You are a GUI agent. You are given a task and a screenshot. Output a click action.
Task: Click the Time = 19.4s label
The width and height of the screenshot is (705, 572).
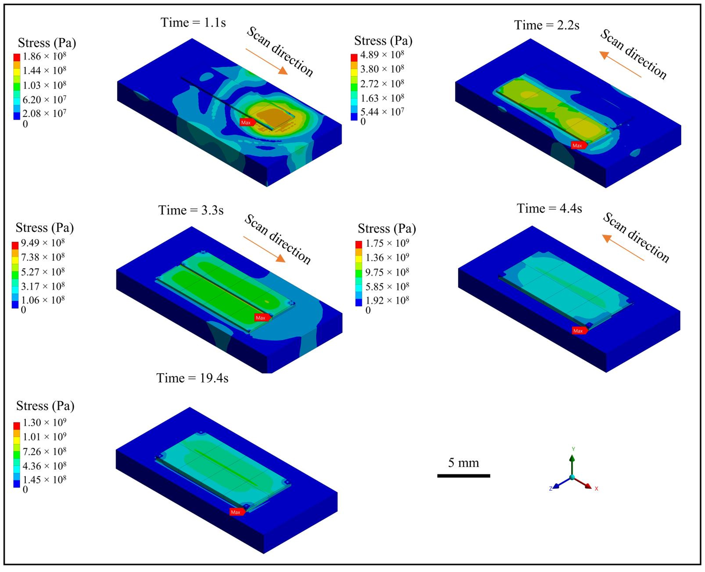tap(192, 378)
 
